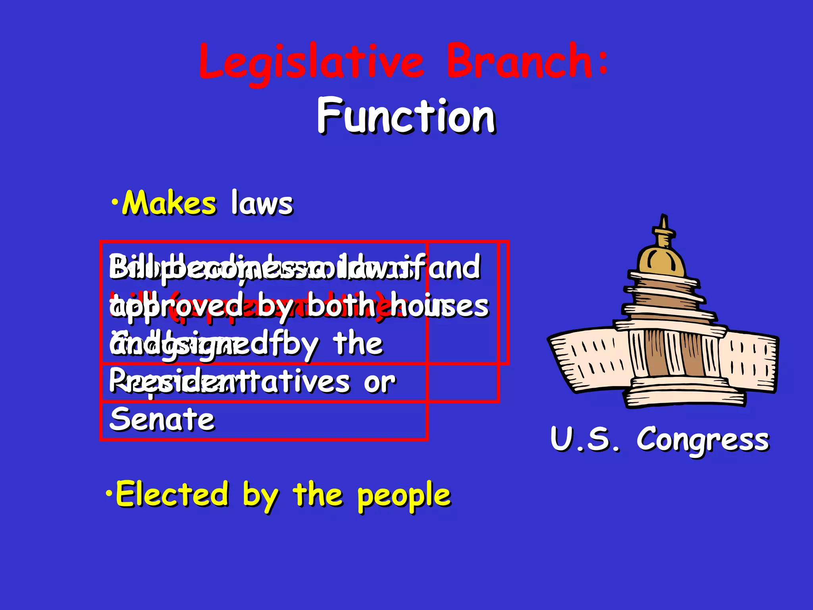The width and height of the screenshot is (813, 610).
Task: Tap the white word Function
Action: coord(406,116)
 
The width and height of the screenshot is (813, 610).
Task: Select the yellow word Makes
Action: coord(170,203)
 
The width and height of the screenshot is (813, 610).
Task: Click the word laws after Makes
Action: coord(262,203)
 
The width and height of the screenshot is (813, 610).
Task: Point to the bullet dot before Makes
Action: coord(115,202)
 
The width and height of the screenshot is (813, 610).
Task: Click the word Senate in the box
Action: coord(162,419)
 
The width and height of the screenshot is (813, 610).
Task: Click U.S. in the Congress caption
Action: coord(584,439)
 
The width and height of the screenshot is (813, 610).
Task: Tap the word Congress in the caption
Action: coord(703,440)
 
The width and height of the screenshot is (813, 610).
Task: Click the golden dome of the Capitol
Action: coord(661,260)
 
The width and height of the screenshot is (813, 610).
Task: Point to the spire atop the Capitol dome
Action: coord(663,226)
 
